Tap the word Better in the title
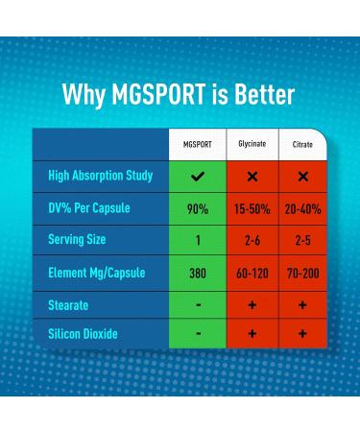pos(263,95)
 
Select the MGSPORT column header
pos(198,144)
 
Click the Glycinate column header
pos(252,144)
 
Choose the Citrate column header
pos(302,144)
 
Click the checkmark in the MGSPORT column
pos(198,177)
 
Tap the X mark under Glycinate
pos(252,177)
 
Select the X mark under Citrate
pos(303,177)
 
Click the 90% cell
pos(198,208)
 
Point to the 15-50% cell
pos(252,208)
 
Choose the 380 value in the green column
pos(198,273)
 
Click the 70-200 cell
pos(303,273)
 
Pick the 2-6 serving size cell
pos(252,240)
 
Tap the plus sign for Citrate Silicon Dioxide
pos(303,334)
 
